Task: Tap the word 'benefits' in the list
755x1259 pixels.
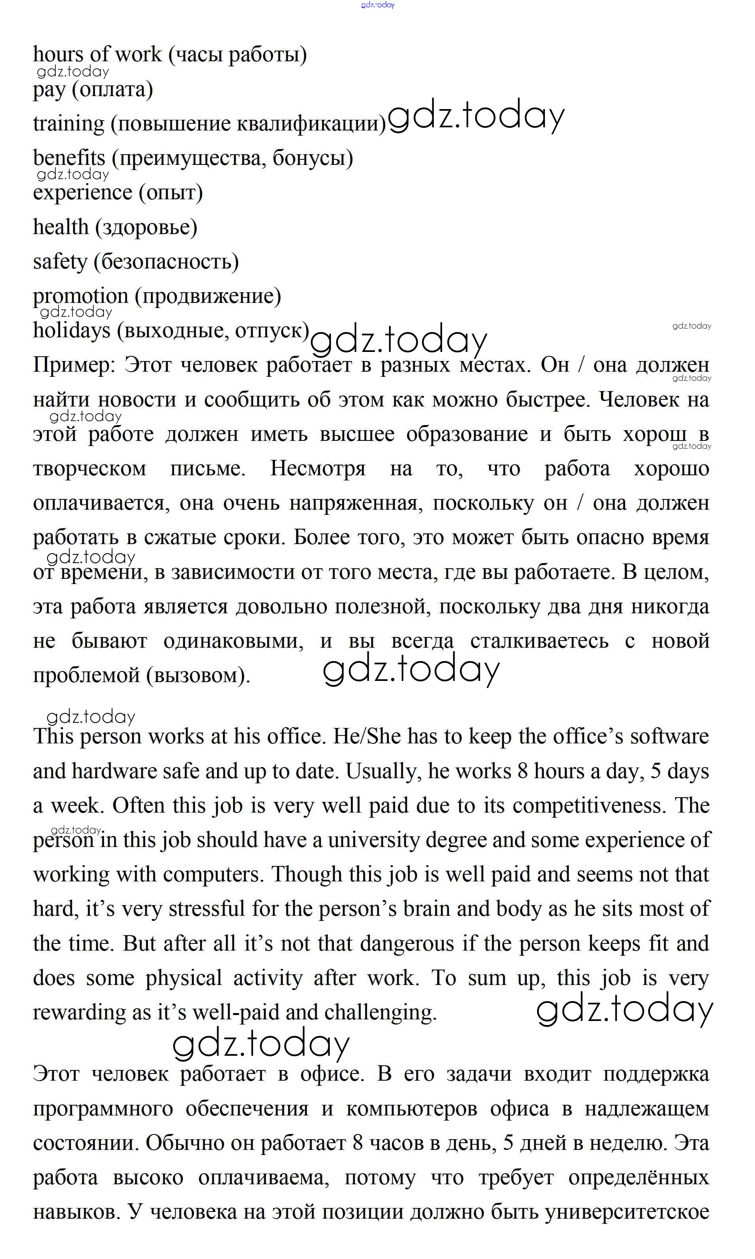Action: click(x=69, y=158)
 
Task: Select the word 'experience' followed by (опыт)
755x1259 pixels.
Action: click(x=82, y=193)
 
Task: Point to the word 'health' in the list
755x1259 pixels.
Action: click(x=61, y=227)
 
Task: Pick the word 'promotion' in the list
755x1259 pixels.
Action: click(x=80, y=296)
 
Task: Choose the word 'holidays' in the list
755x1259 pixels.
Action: click(x=71, y=331)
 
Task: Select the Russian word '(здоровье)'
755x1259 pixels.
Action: click(x=146, y=227)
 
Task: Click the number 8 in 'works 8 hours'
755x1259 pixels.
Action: click(x=522, y=771)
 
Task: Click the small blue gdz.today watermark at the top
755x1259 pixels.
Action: click(x=377, y=5)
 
